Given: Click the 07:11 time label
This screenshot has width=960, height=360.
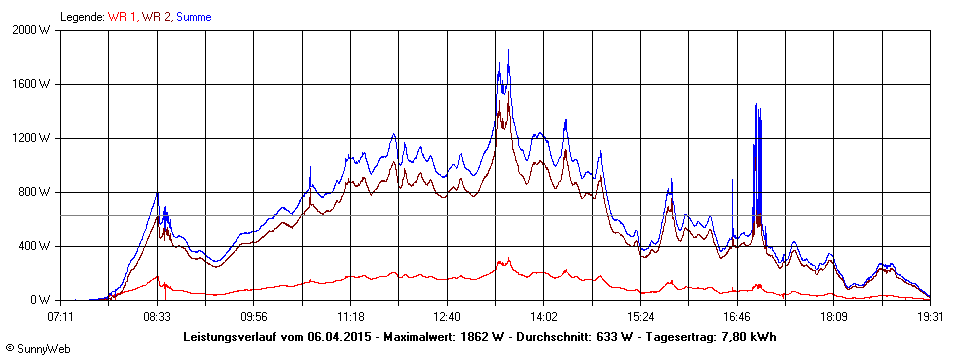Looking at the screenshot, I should click(x=61, y=317).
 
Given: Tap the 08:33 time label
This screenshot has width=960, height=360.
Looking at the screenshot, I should click(x=157, y=317).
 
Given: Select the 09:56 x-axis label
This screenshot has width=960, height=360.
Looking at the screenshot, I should click(x=254, y=317).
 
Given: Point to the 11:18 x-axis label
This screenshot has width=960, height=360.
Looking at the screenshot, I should click(x=350, y=317).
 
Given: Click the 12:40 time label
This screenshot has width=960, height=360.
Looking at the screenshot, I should click(x=447, y=317).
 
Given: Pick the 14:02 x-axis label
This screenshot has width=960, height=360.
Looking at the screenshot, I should click(x=543, y=317).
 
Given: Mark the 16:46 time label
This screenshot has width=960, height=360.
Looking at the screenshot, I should click(x=737, y=317).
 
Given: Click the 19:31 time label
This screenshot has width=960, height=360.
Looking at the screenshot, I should click(x=930, y=317).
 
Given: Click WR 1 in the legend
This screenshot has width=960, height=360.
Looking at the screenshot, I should click(x=122, y=17).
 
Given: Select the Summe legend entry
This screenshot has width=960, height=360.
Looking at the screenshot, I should click(x=193, y=17).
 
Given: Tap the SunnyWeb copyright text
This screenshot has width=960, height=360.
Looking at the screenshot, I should click(x=38, y=349).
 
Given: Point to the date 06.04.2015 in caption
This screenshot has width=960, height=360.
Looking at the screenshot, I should click(x=338, y=337).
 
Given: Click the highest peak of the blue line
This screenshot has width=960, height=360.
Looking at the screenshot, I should click(x=508, y=50).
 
